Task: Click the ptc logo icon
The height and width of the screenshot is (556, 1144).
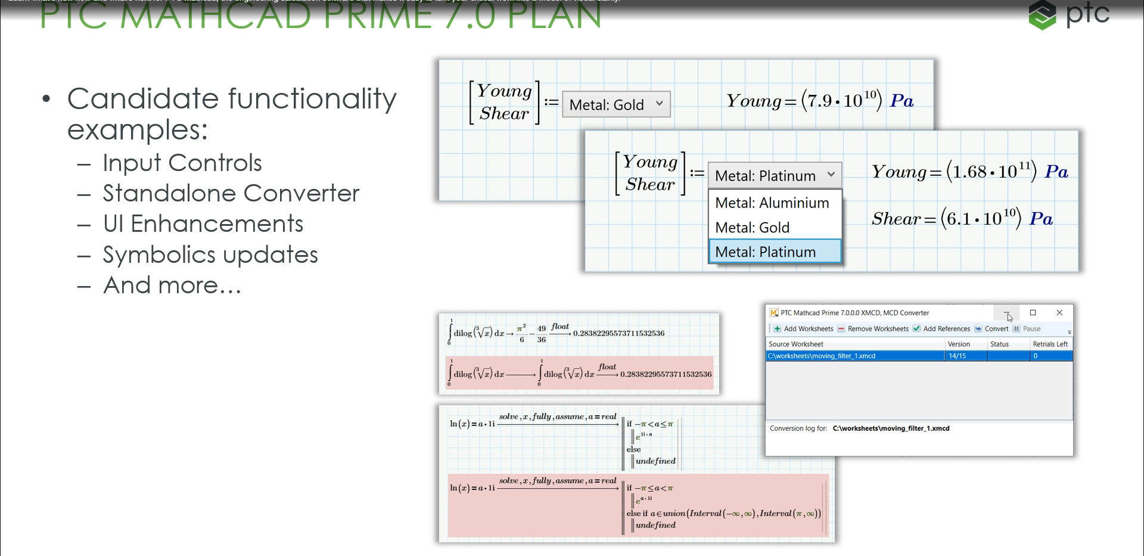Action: tap(1042, 15)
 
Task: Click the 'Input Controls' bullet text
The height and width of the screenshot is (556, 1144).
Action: tap(182, 163)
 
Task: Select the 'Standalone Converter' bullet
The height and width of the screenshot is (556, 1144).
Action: tap(231, 194)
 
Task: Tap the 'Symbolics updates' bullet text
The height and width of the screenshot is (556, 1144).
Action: tap(210, 255)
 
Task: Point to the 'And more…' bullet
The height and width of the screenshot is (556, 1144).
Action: tap(172, 286)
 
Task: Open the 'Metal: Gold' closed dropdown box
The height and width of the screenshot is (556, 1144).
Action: tap(616, 105)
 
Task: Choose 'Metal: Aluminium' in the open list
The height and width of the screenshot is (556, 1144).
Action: tap(772, 203)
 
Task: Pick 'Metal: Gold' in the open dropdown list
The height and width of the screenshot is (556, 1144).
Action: tap(752, 228)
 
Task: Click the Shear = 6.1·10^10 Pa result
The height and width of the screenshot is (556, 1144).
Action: tap(962, 219)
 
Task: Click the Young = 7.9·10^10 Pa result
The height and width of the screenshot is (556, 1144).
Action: tap(819, 101)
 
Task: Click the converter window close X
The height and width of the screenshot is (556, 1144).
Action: tap(1059, 313)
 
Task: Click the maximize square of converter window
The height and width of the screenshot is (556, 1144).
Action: tap(1033, 313)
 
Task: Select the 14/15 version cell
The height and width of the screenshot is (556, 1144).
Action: tap(958, 356)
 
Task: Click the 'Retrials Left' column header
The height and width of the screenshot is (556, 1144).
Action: tap(1050, 344)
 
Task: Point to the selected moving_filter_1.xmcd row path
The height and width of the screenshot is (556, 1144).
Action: tap(822, 356)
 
